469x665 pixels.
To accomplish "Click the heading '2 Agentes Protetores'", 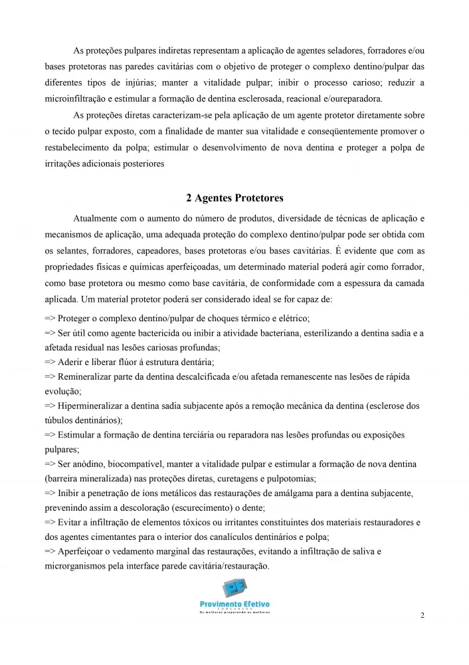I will pyautogui.click(x=234, y=198).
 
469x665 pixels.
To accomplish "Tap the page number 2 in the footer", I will pyautogui.click(x=422, y=616).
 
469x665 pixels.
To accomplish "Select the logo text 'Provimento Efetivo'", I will pyautogui.click(x=234, y=604).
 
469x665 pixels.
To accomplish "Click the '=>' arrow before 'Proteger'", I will pyautogui.click(x=50, y=319).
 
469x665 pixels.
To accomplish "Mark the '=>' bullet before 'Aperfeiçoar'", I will pyautogui.click(x=50, y=551).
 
